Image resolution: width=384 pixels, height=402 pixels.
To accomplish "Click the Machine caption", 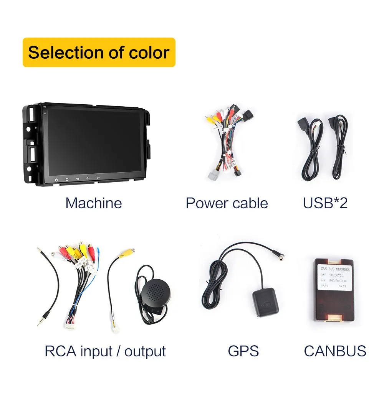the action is [93, 203].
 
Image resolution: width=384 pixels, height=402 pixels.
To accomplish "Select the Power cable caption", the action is [227, 203].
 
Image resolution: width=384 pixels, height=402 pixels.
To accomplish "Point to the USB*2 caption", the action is [325, 203].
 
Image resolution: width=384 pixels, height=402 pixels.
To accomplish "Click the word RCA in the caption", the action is [58, 351].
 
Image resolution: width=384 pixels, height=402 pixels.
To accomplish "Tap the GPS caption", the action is [243, 351].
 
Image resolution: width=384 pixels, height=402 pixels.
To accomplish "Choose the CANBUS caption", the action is [335, 351].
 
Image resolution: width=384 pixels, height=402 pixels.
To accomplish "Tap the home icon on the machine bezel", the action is [67, 178].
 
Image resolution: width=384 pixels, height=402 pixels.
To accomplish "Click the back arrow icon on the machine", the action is [77, 178].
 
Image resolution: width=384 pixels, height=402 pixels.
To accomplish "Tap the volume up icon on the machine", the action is [88, 178].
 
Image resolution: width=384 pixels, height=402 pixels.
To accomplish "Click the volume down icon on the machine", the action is [98, 178].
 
